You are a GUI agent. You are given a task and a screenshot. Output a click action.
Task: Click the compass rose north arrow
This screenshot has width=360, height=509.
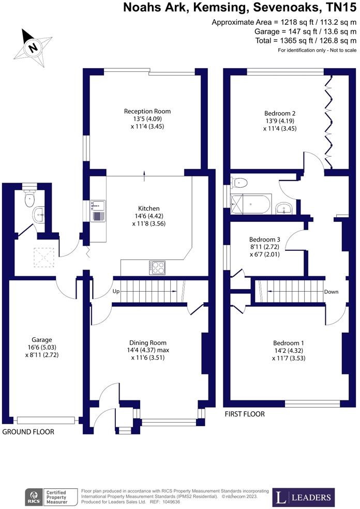click(x=33, y=48)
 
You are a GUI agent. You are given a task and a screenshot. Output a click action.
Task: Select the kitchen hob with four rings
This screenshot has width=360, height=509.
click(x=157, y=268)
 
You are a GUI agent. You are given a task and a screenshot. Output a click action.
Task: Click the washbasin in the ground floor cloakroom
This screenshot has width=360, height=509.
click(x=39, y=215)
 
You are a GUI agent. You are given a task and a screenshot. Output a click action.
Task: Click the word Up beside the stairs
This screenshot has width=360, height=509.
click(x=116, y=292)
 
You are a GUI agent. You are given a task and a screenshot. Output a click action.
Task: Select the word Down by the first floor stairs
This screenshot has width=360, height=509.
click(x=331, y=292)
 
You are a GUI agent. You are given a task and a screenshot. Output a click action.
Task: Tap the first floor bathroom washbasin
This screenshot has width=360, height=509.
click(x=284, y=208)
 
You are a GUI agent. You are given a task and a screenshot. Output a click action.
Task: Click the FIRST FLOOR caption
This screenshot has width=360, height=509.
click(x=245, y=414)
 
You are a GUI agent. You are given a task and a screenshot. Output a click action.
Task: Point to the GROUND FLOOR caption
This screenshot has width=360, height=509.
click(x=28, y=432)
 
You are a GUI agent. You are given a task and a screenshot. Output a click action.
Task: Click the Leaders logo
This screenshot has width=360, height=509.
click(x=303, y=497)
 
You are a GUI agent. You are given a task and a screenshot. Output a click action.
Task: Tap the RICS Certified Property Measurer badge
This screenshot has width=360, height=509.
click(x=51, y=497)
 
